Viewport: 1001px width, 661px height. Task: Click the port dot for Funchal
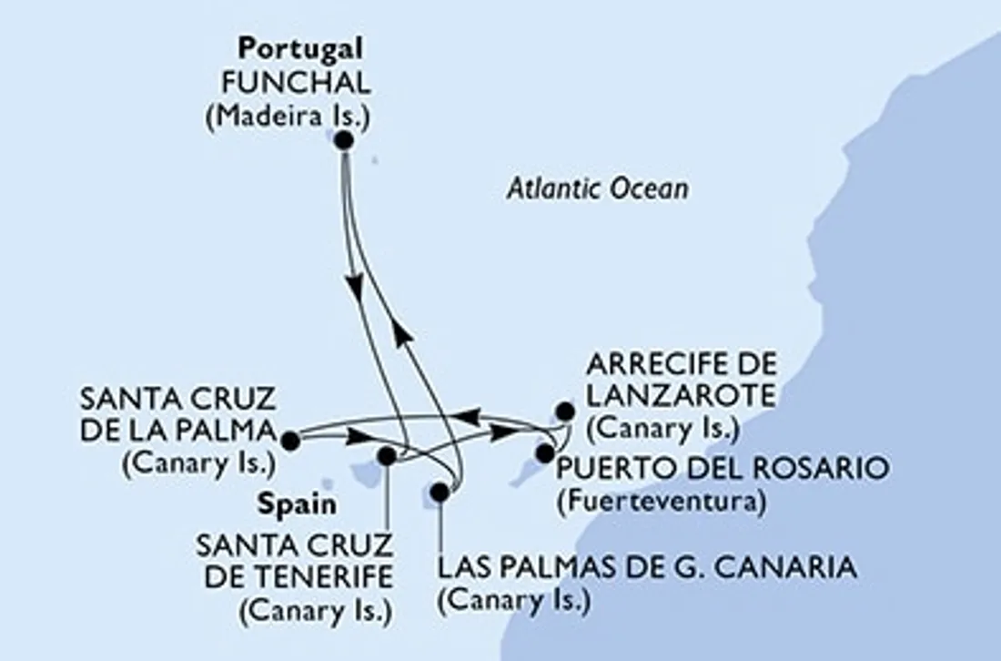click(344, 140)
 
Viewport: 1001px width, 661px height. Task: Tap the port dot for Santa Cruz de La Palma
click(290, 442)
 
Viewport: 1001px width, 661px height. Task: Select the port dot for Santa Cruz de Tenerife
click(387, 456)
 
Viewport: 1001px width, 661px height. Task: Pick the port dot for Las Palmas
click(440, 493)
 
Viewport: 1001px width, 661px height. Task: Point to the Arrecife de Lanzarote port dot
click(565, 411)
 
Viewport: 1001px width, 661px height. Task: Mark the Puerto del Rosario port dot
click(545, 453)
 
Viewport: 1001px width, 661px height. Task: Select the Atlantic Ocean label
click(597, 188)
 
